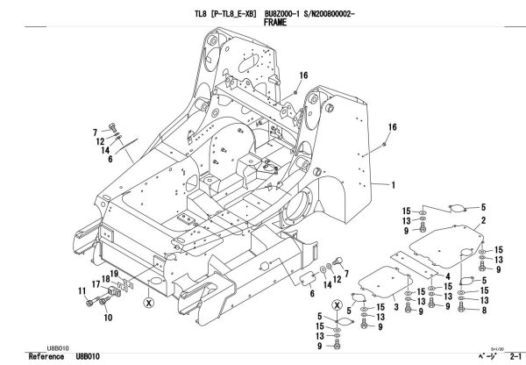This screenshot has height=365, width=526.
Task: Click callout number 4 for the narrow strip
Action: (x=447, y=276)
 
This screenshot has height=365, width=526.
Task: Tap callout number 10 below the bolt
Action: (x=109, y=318)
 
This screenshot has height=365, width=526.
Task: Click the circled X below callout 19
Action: (x=149, y=301)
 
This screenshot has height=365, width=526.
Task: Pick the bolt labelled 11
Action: (x=91, y=301)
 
